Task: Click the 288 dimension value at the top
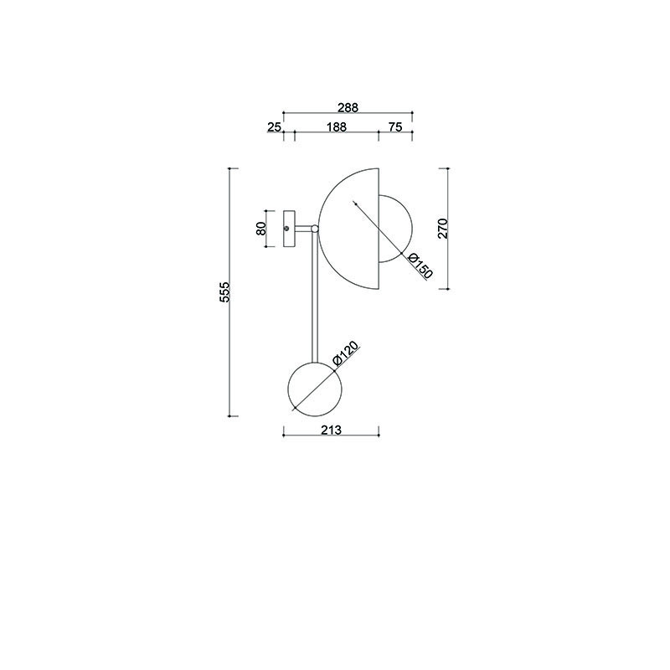(x=348, y=108)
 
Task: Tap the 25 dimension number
(x=275, y=127)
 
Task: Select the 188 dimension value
(x=337, y=127)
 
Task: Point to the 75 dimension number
(x=395, y=127)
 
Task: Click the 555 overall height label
(x=224, y=291)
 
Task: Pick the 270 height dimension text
(x=443, y=228)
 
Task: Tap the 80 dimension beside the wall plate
(x=261, y=229)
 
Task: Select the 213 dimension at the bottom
(x=331, y=430)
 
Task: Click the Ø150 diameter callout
(x=420, y=265)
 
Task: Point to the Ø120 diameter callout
(x=346, y=353)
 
